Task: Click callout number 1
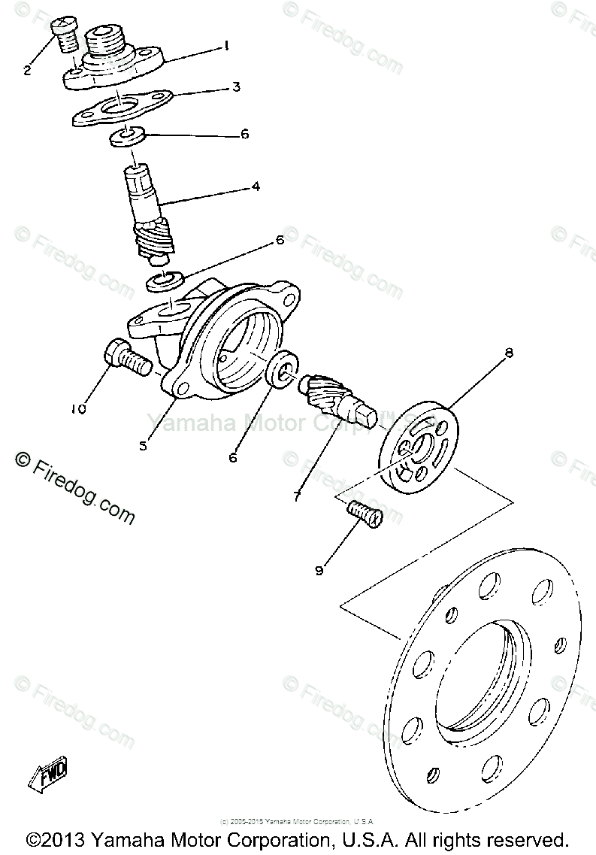coord(225,46)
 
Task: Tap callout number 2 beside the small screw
coord(28,71)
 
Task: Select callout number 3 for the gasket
coord(236,87)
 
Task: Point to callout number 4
coord(256,186)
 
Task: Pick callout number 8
coord(510,353)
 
